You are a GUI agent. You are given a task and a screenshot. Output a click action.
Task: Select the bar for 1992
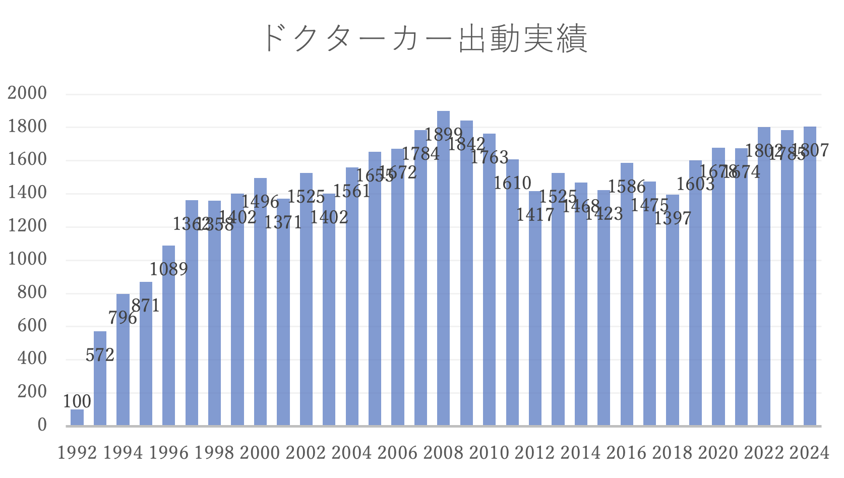[x=77, y=417]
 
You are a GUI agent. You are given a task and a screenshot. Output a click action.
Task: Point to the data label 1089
[x=168, y=269]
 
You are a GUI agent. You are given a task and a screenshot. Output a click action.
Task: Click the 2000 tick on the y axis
[x=27, y=93]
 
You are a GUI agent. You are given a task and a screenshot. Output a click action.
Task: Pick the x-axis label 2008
[x=443, y=453]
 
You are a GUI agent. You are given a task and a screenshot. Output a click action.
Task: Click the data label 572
[x=100, y=355]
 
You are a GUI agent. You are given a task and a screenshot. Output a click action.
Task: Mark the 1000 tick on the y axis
[x=27, y=259]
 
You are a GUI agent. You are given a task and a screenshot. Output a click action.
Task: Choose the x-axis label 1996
[x=169, y=453]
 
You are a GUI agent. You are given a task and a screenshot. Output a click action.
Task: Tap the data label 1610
[x=512, y=183]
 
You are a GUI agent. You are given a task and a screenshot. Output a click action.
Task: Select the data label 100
[x=77, y=401]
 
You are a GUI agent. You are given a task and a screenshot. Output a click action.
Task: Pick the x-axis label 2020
[x=718, y=453]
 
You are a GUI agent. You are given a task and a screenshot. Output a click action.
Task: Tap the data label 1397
[x=673, y=218]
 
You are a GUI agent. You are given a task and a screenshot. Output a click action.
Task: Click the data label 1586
[x=627, y=187]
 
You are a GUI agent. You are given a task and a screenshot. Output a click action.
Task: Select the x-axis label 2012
[x=535, y=453]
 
